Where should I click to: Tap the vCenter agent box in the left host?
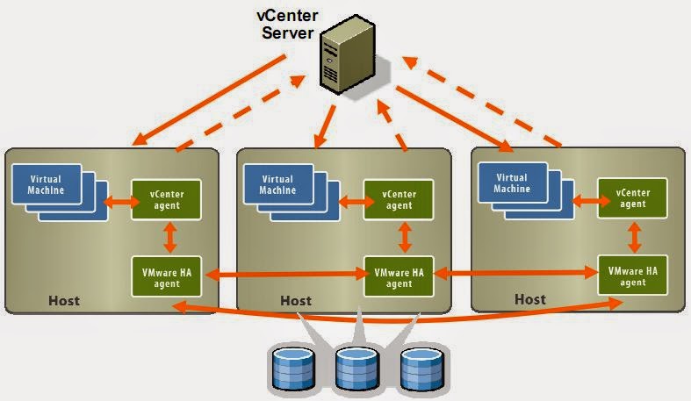[165, 198]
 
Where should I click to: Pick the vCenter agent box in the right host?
[632, 198]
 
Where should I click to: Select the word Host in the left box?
[62, 301]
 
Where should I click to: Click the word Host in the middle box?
[296, 301]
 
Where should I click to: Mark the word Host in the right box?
[529, 299]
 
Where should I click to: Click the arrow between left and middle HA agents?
[283, 276]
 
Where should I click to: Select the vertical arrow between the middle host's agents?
[405, 236]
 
